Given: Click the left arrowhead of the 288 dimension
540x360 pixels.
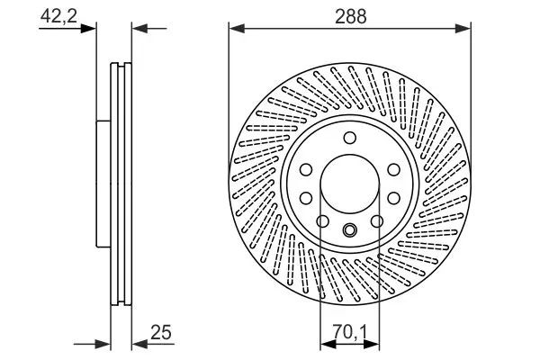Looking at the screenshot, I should (x=236, y=28).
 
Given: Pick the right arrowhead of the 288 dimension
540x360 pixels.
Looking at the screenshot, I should (x=463, y=28).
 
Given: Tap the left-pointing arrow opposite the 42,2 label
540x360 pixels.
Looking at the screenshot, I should (x=139, y=28).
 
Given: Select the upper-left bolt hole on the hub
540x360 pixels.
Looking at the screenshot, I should (x=306, y=169).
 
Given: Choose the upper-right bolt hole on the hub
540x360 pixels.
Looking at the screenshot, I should (x=392, y=169).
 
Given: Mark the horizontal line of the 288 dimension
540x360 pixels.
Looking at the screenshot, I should (x=350, y=28).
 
